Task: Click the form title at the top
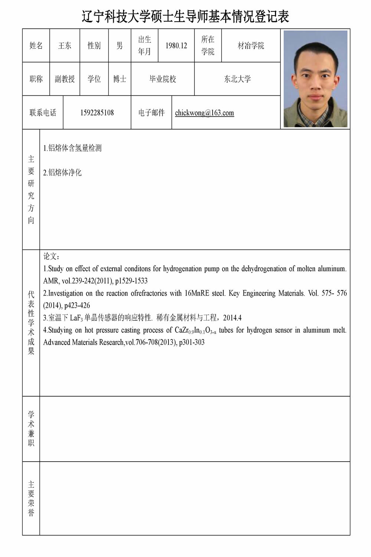(185, 17)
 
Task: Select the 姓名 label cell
(36, 46)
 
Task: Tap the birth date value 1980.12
(176, 46)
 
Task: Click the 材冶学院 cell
(251, 46)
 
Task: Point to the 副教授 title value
(65, 79)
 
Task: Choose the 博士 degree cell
(119, 79)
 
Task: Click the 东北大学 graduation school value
(237, 79)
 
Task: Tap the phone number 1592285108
(97, 113)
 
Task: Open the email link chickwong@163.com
(204, 113)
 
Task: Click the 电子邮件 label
(151, 113)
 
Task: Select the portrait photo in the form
(315, 79)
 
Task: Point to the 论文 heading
(51, 257)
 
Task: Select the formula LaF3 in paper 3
(76, 318)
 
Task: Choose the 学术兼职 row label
(31, 429)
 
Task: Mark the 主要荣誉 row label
(31, 498)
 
